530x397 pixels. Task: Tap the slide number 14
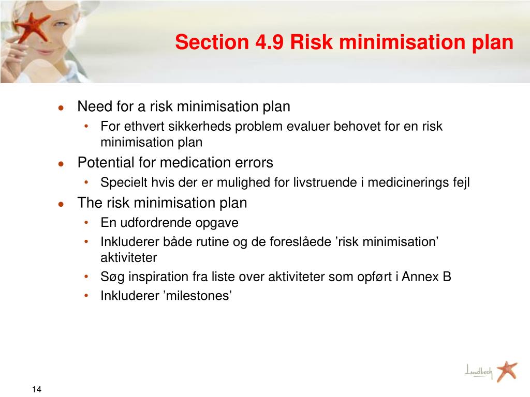pos(36,389)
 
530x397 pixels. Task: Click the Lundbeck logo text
pos(479,371)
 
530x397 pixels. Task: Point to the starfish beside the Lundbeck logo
pos(506,371)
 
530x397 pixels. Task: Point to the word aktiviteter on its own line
pos(128,257)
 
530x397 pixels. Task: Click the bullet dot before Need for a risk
pos(61,108)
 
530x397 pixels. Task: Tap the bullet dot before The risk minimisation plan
pos(61,204)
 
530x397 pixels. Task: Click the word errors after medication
pos(253,163)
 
